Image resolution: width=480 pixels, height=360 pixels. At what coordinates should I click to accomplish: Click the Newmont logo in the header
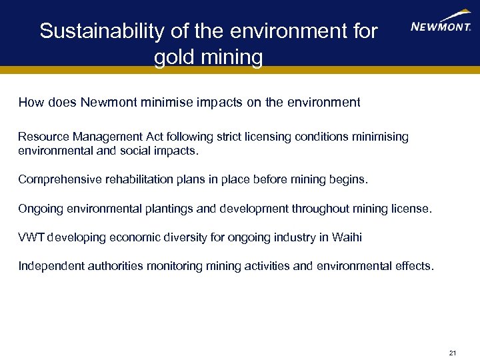pyautogui.click(x=441, y=24)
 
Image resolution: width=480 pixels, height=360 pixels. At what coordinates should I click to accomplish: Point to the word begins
pyautogui.click(x=349, y=180)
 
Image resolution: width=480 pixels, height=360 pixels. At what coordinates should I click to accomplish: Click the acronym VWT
pyautogui.click(x=31, y=238)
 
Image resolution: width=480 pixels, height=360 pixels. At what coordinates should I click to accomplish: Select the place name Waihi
pyautogui.click(x=347, y=238)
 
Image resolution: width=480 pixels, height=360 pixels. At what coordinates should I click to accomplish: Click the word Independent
pyautogui.click(x=50, y=267)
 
